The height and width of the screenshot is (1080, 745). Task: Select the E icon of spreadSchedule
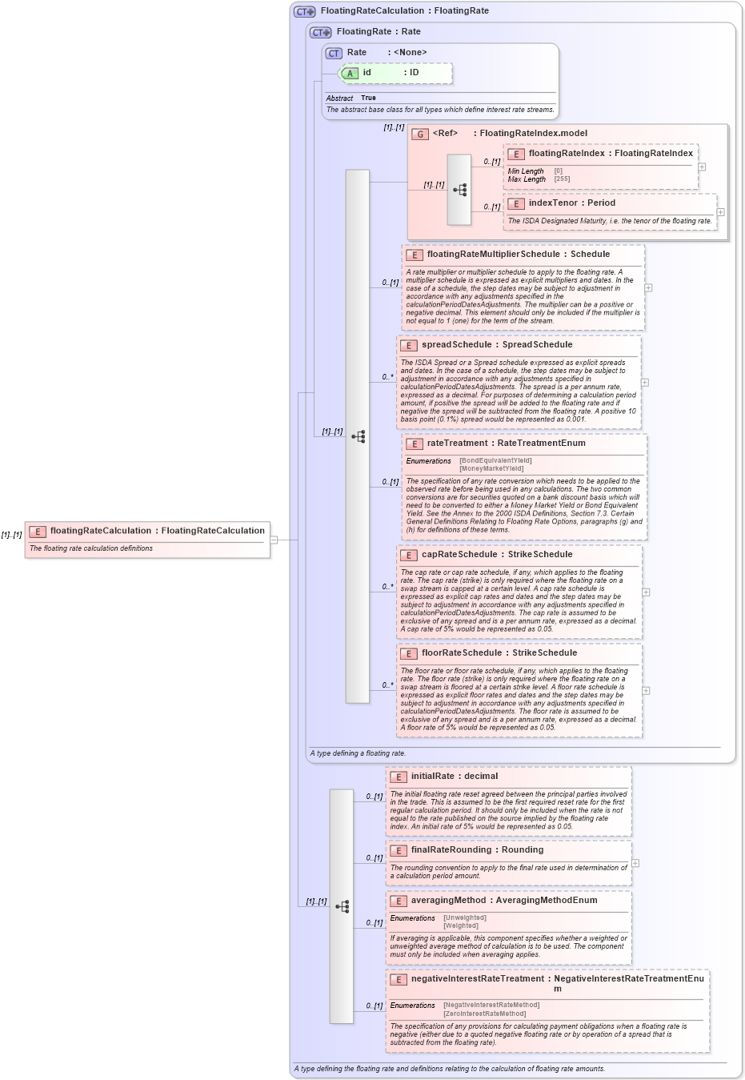coord(409,346)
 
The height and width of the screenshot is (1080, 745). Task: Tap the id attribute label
coord(366,73)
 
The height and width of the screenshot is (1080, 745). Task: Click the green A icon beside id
coord(350,74)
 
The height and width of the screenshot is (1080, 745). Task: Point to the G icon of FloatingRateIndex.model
coord(419,134)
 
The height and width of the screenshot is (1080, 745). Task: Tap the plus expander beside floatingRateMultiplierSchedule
coord(648,287)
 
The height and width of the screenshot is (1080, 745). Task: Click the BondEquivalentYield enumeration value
coord(495,461)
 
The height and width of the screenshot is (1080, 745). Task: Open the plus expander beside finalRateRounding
coord(635,863)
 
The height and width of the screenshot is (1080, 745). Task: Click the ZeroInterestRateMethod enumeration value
coord(485,1014)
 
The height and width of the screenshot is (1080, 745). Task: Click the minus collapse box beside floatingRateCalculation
coord(274,540)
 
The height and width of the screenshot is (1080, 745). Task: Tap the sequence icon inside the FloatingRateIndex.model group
coord(459,190)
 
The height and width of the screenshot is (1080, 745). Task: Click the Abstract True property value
coord(368,98)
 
